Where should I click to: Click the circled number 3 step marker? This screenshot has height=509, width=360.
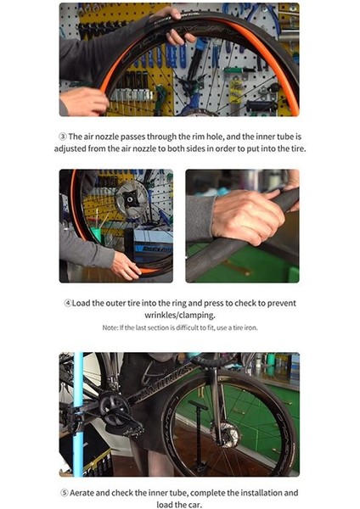[63, 137]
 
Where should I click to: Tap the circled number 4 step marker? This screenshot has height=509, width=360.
[68, 303]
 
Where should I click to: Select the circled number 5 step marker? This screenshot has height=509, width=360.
[65, 493]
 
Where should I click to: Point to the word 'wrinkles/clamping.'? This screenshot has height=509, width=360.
[180, 315]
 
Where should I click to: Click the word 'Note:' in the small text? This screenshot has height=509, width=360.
[110, 327]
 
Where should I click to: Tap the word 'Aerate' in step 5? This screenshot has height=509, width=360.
[82, 493]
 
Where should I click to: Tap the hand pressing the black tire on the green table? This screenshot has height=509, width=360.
[247, 215]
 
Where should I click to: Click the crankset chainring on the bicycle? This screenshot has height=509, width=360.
[114, 408]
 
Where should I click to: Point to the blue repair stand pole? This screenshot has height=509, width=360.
[78, 414]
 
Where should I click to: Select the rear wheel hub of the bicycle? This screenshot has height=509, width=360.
[225, 433]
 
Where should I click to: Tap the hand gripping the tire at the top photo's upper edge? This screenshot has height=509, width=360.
[173, 27]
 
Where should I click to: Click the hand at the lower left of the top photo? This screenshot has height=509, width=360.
[84, 101]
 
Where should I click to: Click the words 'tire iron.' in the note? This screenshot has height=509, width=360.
[245, 327]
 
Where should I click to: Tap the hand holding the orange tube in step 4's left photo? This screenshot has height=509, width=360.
[126, 266]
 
